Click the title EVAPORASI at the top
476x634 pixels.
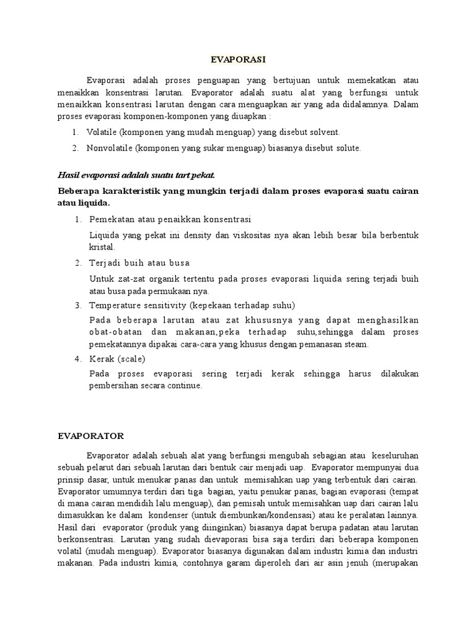[x=238, y=59]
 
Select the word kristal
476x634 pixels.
[x=102, y=246]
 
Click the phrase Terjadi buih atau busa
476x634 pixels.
[x=139, y=263]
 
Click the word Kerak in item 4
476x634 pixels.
[x=102, y=359]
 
